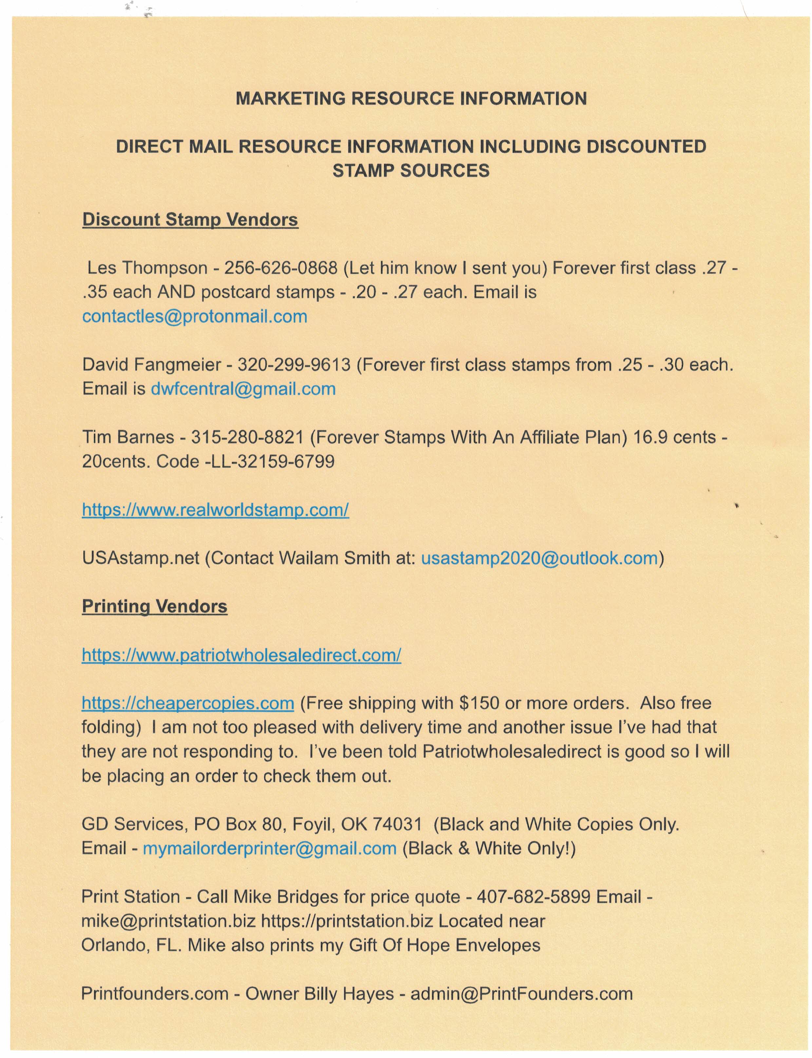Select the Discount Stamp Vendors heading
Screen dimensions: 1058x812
[190, 220]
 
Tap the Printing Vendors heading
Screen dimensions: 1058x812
[154, 606]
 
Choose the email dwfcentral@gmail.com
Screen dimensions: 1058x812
[243, 389]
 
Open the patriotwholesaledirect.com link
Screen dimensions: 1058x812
[241, 655]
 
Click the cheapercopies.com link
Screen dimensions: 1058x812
[188, 703]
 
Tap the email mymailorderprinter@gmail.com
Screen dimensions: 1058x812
[269, 848]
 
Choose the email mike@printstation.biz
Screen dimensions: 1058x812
[168, 921]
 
